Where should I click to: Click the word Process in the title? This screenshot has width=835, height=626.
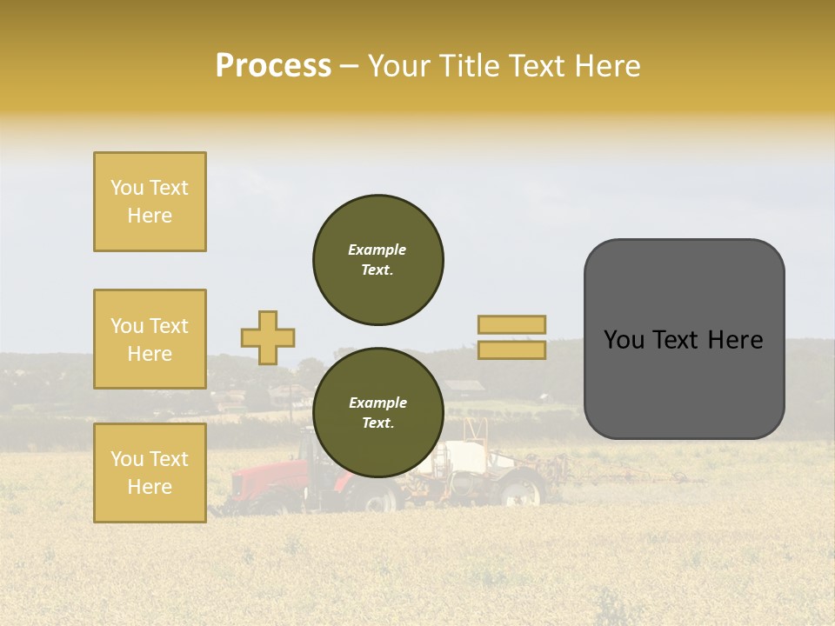coord(273,66)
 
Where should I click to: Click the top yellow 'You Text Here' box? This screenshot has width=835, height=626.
coord(150,202)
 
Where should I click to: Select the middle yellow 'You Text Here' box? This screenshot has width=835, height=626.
coord(150,339)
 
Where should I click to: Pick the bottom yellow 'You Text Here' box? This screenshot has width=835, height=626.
coord(150,472)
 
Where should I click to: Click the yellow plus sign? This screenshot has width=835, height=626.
coord(268,337)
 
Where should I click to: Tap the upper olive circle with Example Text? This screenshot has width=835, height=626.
coord(378,259)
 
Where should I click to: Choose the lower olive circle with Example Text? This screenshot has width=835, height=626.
coord(378,412)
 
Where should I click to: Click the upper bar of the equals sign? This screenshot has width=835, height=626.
coord(511,324)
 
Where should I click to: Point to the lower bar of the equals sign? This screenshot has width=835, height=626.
coord(511,350)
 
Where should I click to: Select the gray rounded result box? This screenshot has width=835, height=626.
coord(684,339)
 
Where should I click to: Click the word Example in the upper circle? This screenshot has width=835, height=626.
coord(377,250)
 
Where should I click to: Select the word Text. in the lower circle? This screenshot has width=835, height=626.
coord(377,423)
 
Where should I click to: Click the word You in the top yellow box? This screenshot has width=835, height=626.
coord(126,188)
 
